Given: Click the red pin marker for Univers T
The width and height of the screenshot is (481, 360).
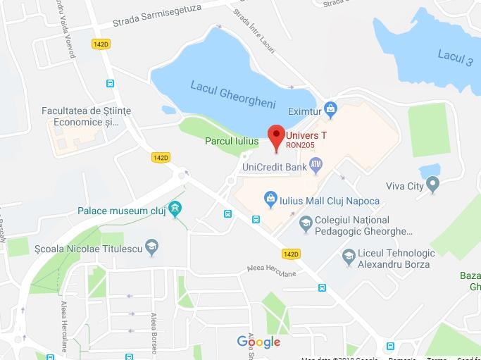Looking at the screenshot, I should pos(276,134).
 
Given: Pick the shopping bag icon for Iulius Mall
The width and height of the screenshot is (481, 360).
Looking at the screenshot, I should pos(269,201).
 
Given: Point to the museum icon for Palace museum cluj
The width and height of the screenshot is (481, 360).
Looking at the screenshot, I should pos(175,210).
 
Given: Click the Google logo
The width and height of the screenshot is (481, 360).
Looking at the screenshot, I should pos(258,342).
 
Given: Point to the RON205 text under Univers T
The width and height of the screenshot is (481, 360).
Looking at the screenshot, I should pos(301,146).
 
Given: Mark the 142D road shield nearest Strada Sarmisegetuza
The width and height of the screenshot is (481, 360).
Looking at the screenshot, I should pos(101,44).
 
